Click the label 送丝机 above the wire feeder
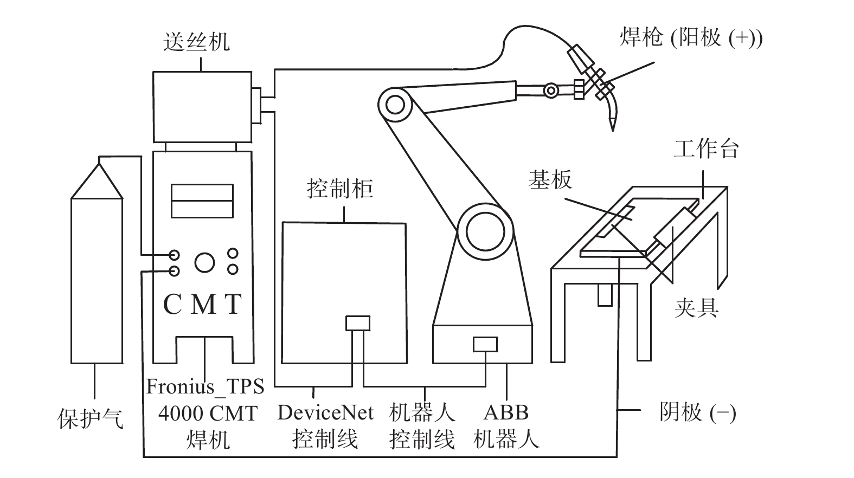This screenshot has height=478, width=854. pos(196,42)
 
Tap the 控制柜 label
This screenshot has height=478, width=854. pos(340,189)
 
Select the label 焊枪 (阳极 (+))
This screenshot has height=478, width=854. pos(691,38)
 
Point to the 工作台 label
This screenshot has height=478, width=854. pos(706,148)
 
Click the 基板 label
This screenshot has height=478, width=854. pos(550,179)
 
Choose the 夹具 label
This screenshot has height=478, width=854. pos(696,308)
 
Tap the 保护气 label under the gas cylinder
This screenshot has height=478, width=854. pos(91,418)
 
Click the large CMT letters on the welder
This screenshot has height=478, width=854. pos(202,305)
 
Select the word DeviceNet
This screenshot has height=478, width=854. pos(325,413)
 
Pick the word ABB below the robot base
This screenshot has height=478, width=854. pos(506,413)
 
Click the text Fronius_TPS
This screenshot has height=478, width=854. pos(206,386)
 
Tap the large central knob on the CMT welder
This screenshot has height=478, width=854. pos(204,262)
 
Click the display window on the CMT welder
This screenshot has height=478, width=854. pos(202,201)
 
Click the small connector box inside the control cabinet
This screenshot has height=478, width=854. pos(358,323)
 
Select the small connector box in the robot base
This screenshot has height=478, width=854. pos(485,344)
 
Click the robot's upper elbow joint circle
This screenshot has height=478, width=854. pos(395,104)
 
